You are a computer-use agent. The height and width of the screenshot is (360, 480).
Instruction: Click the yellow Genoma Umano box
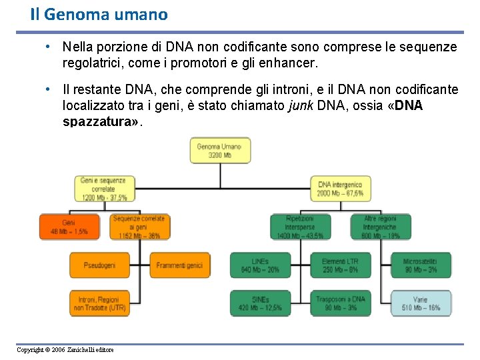click(x=219, y=150)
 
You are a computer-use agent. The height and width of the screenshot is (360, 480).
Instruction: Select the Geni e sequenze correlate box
click(x=103, y=189)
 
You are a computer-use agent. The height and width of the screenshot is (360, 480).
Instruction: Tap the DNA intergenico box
click(x=340, y=189)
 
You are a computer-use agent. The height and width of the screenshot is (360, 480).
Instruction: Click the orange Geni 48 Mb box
click(x=69, y=227)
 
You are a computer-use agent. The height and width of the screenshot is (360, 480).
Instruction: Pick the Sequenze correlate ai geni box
click(x=139, y=227)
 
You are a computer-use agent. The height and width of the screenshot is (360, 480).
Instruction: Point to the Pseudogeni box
click(x=99, y=265)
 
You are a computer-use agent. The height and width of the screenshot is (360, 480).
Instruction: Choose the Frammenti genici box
click(x=179, y=265)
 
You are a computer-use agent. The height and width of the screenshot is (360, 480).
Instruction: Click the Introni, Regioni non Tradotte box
click(x=99, y=303)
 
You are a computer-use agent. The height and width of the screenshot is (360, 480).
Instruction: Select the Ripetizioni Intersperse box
click(x=299, y=227)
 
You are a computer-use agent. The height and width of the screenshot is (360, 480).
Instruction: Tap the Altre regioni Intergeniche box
click(x=380, y=227)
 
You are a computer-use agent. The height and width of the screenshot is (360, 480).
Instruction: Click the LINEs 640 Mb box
click(x=259, y=265)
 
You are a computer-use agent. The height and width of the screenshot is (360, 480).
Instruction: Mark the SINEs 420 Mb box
click(x=259, y=303)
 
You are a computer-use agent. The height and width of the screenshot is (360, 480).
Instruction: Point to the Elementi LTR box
click(x=340, y=265)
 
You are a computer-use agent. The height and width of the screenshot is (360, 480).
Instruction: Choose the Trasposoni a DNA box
click(x=340, y=303)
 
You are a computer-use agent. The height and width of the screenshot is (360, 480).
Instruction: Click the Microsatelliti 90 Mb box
click(x=420, y=265)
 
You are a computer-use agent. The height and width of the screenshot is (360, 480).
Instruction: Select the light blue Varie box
click(x=420, y=303)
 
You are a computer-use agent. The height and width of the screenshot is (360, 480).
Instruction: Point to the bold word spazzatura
click(x=97, y=122)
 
